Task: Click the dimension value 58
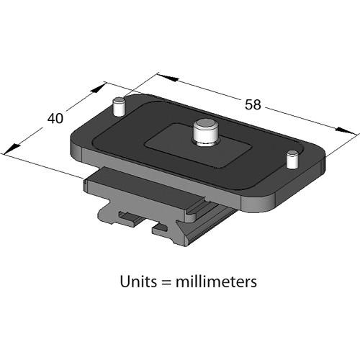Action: pos(252,104)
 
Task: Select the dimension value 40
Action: pos(56,118)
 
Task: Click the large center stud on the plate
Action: pos(204,134)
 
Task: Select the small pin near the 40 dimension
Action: pos(120,107)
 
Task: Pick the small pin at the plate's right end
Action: pos(292,159)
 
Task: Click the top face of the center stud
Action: pos(204,127)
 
